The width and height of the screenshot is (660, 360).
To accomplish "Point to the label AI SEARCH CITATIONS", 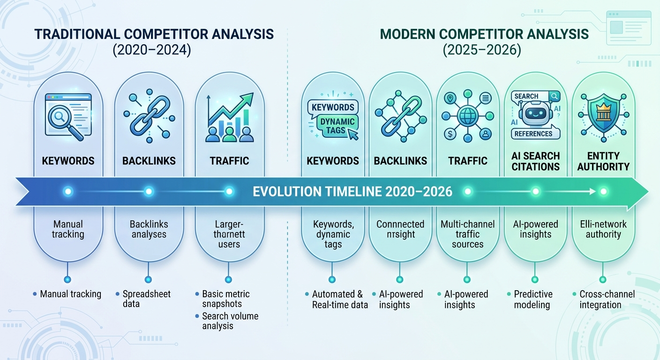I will pyautogui.click(x=536, y=161).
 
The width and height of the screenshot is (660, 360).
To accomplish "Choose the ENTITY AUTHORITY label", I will pyautogui.click(x=603, y=161).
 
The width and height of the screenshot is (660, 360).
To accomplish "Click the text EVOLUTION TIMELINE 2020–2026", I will pyautogui.click(x=352, y=191).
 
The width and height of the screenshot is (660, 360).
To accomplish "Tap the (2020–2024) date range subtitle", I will pyautogui.click(x=151, y=50).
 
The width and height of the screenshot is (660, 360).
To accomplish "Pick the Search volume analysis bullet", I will pyautogui.click(x=230, y=321).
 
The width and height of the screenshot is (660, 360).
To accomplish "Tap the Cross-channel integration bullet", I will pyautogui.click(x=606, y=299).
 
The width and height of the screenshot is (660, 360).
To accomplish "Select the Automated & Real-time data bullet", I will pyautogui.click(x=337, y=299).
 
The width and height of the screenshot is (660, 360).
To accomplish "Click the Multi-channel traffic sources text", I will pyautogui.click(x=467, y=234).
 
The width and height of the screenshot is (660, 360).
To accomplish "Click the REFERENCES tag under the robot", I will pyautogui.click(x=533, y=134).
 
